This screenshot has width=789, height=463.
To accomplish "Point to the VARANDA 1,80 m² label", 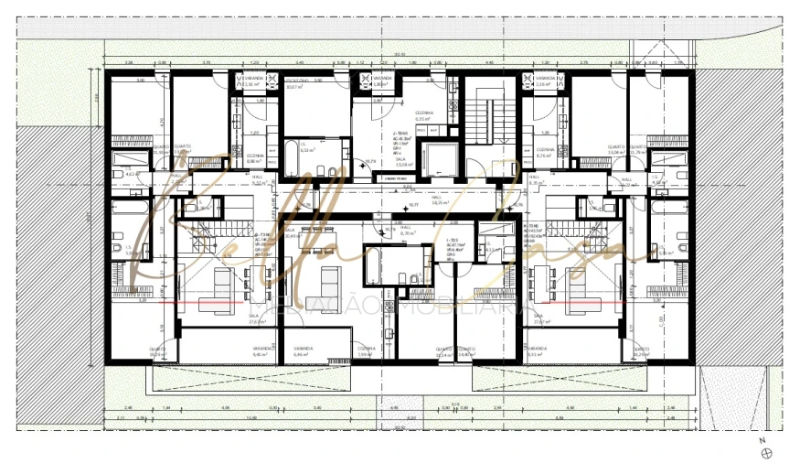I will pyautogui.click(x=381, y=81).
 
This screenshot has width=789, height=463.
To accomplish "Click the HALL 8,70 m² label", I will pyautogui.click(x=409, y=232).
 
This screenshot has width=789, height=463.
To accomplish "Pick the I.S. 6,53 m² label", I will pyautogui.click(x=307, y=150).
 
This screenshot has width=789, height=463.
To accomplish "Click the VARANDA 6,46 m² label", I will pyautogui.click(x=304, y=351).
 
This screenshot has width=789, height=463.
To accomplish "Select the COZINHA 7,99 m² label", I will pyautogui.click(x=366, y=351).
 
